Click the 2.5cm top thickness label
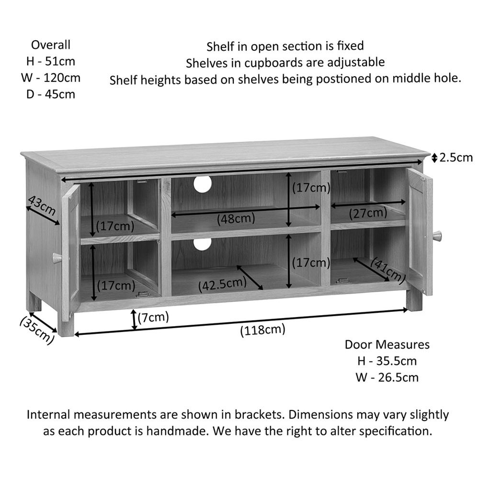[x=456, y=158]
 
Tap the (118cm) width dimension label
[x=262, y=330]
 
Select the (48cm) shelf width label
[x=236, y=219]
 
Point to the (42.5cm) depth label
[x=222, y=285]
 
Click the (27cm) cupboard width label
[x=368, y=213]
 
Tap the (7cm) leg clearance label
[x=153, y=318]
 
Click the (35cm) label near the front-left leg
[x=37, y=331]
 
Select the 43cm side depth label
[x=42, y=205]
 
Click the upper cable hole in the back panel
[x=202, y=184]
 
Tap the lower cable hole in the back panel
[x=202, y=243]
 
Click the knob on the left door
[x=57, y=258]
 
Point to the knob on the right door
[x=437, y=236]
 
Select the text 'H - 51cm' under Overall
[x=51, y=61]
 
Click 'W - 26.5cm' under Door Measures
[x=387, y=377]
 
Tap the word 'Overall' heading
[x=51, y=45]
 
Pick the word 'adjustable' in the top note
[x=356, y=63]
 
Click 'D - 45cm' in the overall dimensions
[x=51, y=94]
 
